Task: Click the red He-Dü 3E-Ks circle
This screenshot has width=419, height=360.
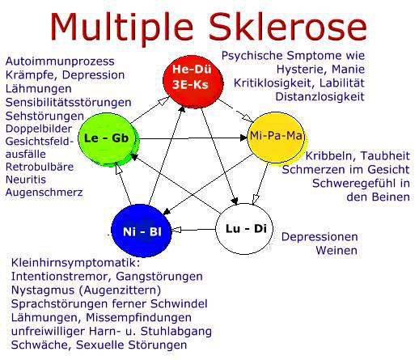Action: (193, 82)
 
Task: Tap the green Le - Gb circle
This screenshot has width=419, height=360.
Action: (108, 139)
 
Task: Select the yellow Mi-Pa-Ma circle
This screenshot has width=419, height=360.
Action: (276, 138)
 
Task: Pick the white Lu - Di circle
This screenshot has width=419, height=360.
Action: (244, 229)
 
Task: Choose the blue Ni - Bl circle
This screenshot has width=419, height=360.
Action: (142, 231)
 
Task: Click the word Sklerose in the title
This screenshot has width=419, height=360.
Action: (287, 27)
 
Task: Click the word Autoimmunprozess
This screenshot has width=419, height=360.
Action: (60, 61)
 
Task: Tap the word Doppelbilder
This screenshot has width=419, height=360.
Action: (39, 129)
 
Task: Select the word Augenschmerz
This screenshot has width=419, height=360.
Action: (44, 193)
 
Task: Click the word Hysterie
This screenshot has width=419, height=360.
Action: (301, 70)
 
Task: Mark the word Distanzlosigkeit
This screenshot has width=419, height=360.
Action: (320, 96)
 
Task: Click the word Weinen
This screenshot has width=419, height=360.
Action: (336, 250)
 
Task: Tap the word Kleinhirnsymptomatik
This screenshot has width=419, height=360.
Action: (76, 263)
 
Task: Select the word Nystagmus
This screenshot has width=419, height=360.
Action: (43, 290)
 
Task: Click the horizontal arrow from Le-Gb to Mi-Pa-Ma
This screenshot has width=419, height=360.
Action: (193, 138)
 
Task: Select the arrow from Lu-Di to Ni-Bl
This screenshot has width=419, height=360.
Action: (193, 230)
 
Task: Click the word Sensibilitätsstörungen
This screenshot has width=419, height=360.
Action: (69, 103)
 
